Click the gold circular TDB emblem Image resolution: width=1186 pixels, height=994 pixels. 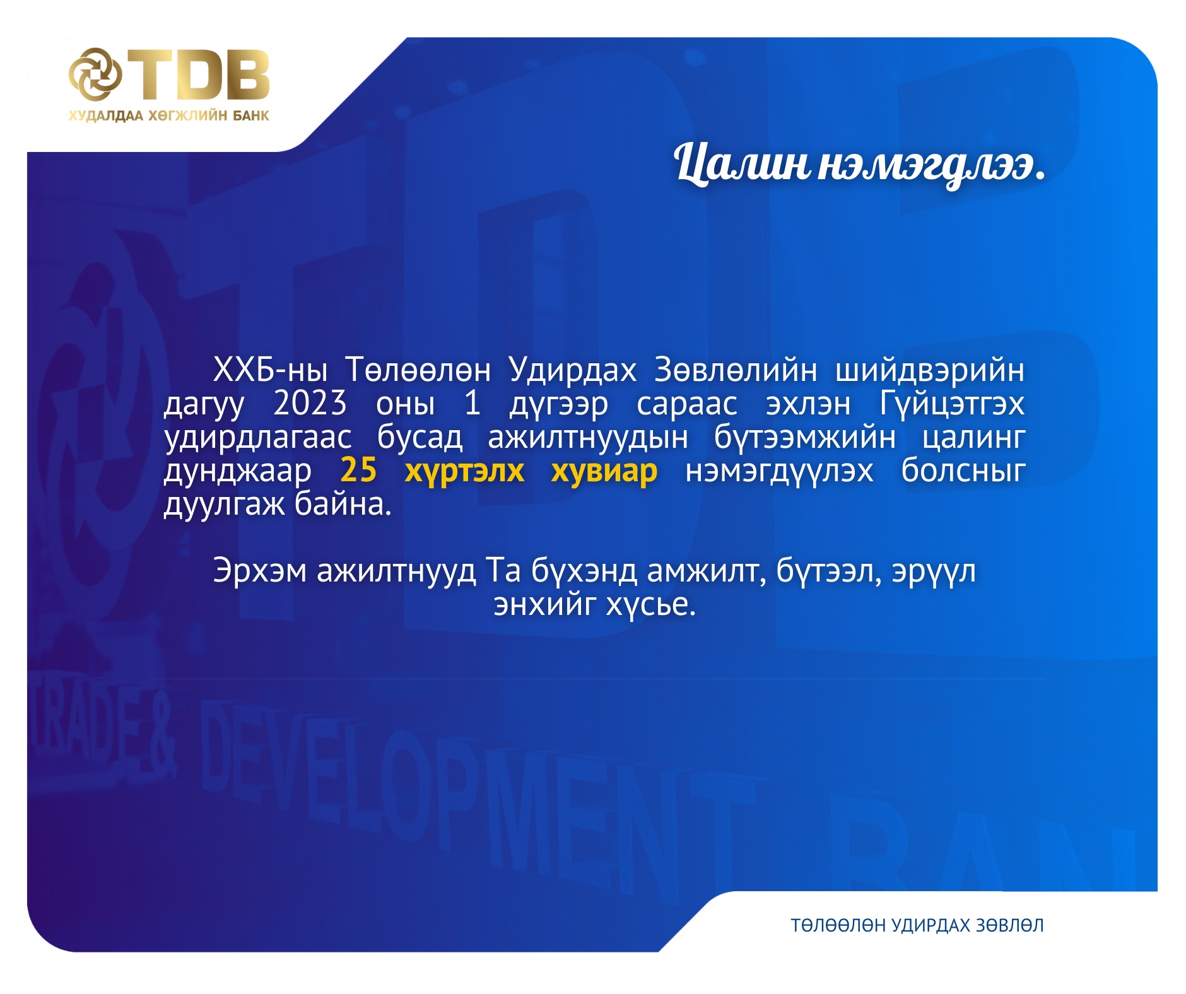(x=95, y=74)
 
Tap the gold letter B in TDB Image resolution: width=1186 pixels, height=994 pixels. (x=244, y=74)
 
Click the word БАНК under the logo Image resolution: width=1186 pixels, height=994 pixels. (x=250, y=115)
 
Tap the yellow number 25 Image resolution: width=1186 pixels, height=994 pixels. (x=358, y=470)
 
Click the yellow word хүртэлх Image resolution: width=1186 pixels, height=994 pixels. (x=464, y=472)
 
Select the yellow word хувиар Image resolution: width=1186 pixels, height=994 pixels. (x=604, y=472)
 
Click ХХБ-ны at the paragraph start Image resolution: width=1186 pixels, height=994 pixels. (x=270, y=370)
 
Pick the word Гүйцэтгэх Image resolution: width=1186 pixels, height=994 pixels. (x=951, y=404)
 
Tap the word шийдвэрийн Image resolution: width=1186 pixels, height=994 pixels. (x=929, y=370)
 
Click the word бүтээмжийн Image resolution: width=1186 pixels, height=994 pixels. (x=804, y=437)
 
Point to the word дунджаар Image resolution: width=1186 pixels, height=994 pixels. (x=238, y=472)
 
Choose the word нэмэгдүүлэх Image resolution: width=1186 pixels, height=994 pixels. (x=779, y=472)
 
